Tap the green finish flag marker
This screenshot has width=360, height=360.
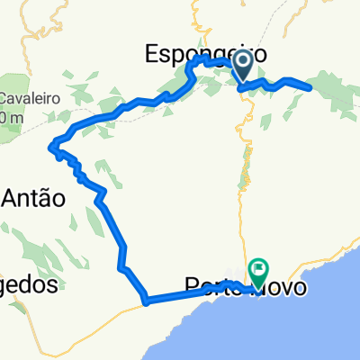pyautogui.click(x=259, y=269)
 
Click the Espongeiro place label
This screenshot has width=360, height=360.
pyautogui.click(x=205, y=55)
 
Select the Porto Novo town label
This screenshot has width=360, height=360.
pyautogui.click(x=244, y=286)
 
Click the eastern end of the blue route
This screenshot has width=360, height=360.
pyautogui.click(x=310, y=87)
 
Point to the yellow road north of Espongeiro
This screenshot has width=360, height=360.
pyautogui.click(x=195, y=18)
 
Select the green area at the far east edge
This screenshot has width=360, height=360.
pyautogui.click(x=346, y=99)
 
